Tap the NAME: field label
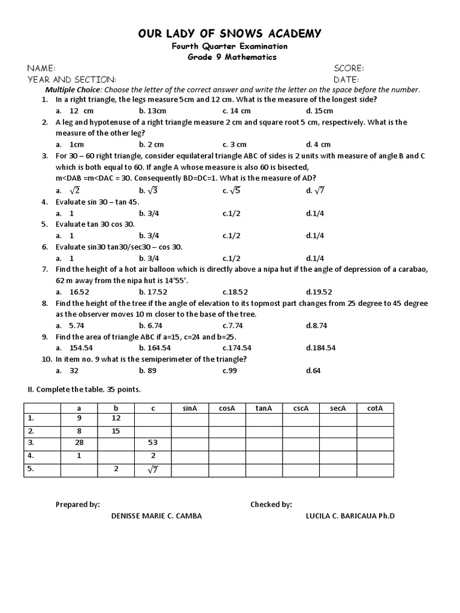coord(42,68)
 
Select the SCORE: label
coord(349,68)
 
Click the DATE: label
coord(346,79)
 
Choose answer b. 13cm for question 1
coord(152,111)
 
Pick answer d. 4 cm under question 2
coord(318,144)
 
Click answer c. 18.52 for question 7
coord(235,292)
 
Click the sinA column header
coord(190,408)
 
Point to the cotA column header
coord(375,408)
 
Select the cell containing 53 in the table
coord(153,443)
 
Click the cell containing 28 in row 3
coord(79,443)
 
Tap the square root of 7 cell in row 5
coord(153,470)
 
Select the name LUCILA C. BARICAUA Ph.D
coord(350,516)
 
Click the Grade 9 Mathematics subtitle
coord(230,57)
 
